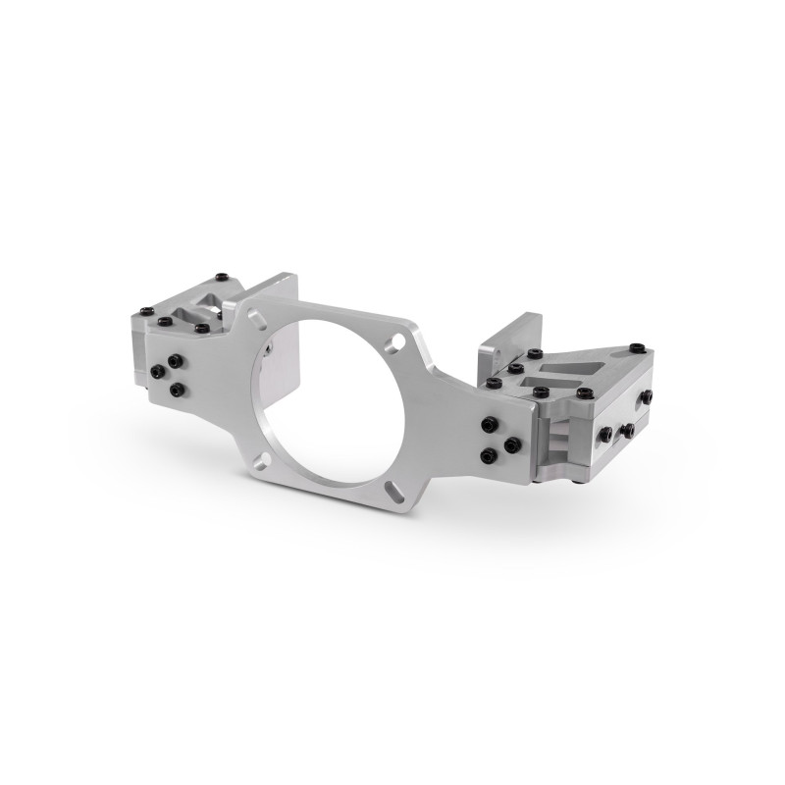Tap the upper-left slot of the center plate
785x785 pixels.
[257, 319]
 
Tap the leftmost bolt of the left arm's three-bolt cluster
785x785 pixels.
[160, 372]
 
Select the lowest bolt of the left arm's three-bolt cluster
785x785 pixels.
[178, 391]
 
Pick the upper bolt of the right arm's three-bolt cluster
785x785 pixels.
[489, 424]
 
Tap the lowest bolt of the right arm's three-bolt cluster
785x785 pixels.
[489, 454]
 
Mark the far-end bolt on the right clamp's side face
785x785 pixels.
[647, 396]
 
